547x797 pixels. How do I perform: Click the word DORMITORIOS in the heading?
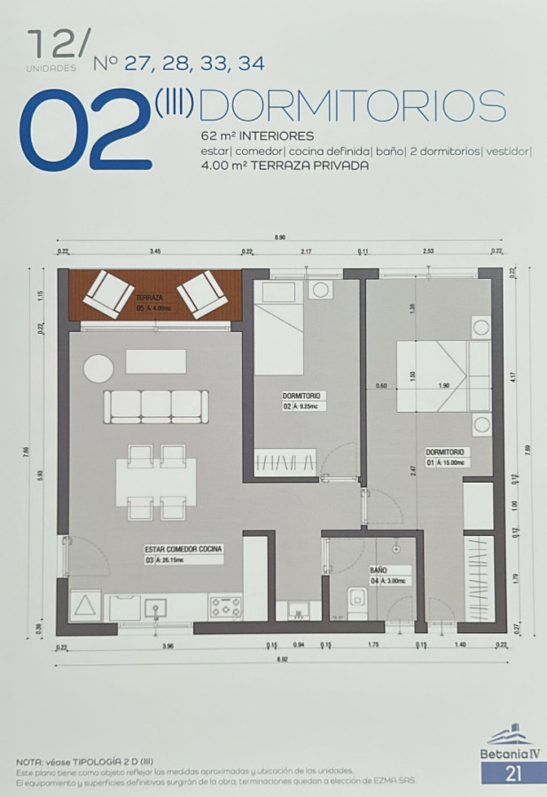[x=353, y=105]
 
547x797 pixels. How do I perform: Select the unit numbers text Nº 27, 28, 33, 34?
[x=178, y=64]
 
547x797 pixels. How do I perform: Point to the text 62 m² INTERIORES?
[x=257, y=137]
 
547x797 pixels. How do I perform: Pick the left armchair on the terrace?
[x=108, y=293]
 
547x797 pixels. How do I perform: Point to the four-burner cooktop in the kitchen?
[x=225, y=607]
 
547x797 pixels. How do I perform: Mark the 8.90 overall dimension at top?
[x=279, y=237]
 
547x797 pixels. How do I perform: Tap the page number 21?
[x=512, y=773]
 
